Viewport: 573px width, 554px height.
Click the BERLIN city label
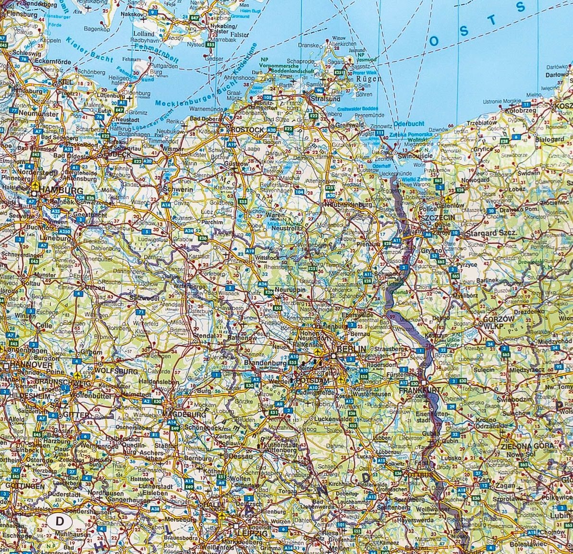[x=352, y=349]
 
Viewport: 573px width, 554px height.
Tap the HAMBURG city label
[x=61, y=191]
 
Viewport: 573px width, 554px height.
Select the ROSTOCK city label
[x=248, y=130]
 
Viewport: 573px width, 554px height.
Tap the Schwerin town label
[x=179, y=190]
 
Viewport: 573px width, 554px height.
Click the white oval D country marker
[x=60, y=520]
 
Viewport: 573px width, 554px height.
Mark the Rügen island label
[x=368, y=79]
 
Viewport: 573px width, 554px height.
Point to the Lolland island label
[x=144, y=34]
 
